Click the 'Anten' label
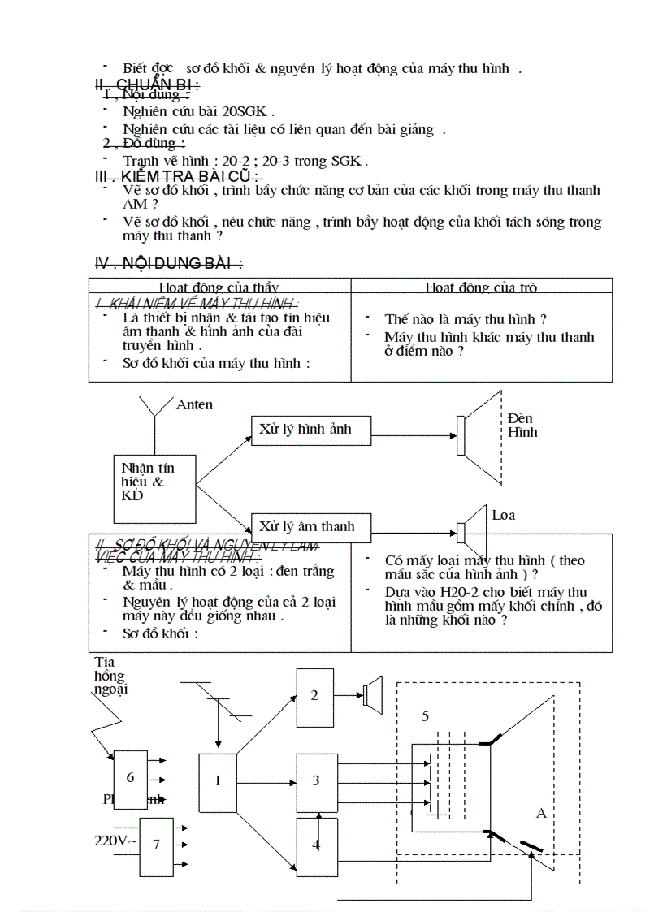point(194,404)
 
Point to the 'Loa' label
point(503,515)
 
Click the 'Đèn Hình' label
point(522,425)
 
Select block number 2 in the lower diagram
point(315,697)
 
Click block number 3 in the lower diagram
point(316,780)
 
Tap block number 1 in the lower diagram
point(218,782)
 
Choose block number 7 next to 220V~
point(156,845)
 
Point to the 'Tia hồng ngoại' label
point(110,676)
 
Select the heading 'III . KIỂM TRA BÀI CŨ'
point(178,176)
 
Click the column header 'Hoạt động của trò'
point(480,287)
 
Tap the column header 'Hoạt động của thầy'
point(219,287)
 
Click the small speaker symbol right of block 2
point(372,695)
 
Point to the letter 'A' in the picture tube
point(541,812)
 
